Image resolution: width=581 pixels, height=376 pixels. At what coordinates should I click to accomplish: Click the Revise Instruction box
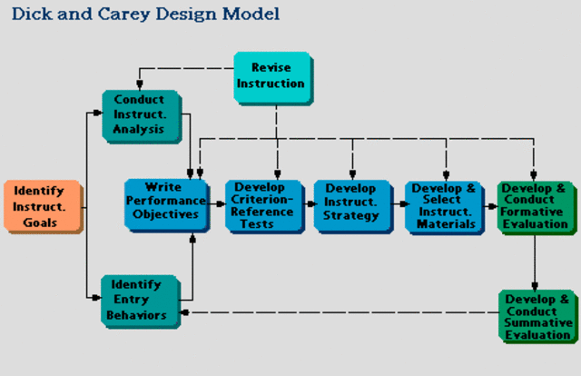click(x=271, y=76)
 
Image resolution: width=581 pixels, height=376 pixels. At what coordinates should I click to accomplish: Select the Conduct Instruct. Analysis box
click(x=141, y=115)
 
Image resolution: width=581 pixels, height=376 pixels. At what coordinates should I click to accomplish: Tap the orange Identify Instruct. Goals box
click(x=42, y=207)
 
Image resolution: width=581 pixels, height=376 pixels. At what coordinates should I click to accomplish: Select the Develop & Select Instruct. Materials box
click(x=442, y=206)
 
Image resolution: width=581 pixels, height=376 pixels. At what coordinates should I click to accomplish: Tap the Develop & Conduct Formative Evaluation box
click(x=536, y=207)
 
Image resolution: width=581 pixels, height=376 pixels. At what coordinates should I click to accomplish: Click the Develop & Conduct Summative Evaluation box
click(x=537, y=315)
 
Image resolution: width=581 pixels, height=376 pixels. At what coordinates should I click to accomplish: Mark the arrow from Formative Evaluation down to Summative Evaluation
click(x=536, y=263)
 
